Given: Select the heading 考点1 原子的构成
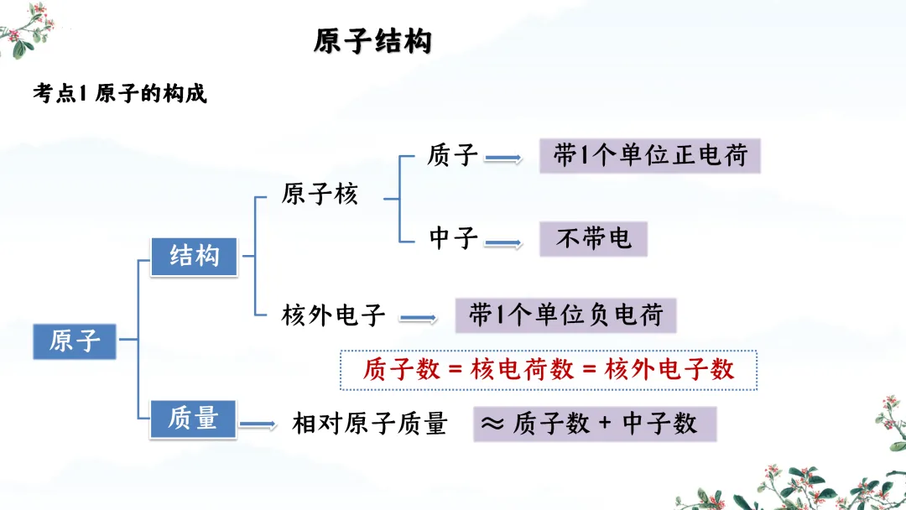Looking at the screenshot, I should tap(119, 93).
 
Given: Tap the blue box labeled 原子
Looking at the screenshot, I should tap(75, 341).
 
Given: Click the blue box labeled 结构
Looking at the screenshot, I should tap(194, 256).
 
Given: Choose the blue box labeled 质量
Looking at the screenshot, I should tap(193, 418).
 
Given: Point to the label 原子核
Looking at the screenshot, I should tap(320, 195).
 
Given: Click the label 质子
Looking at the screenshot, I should tap(452, 155).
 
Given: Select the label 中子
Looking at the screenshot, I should tap(453, 238).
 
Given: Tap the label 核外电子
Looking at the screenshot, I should tap(333, 315).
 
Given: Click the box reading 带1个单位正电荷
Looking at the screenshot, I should tap(649, 156).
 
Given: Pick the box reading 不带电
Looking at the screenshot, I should tap(593, 239).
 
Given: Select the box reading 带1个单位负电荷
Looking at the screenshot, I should tap(565, 315).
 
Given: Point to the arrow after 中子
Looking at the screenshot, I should tap(503, 243).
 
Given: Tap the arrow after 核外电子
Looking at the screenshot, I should tap(418, 319).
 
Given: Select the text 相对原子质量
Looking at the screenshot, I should tap(369, 424).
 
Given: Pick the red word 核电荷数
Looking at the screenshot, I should tap(523, 370).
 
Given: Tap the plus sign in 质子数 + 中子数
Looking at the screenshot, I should tap(606, 424).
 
